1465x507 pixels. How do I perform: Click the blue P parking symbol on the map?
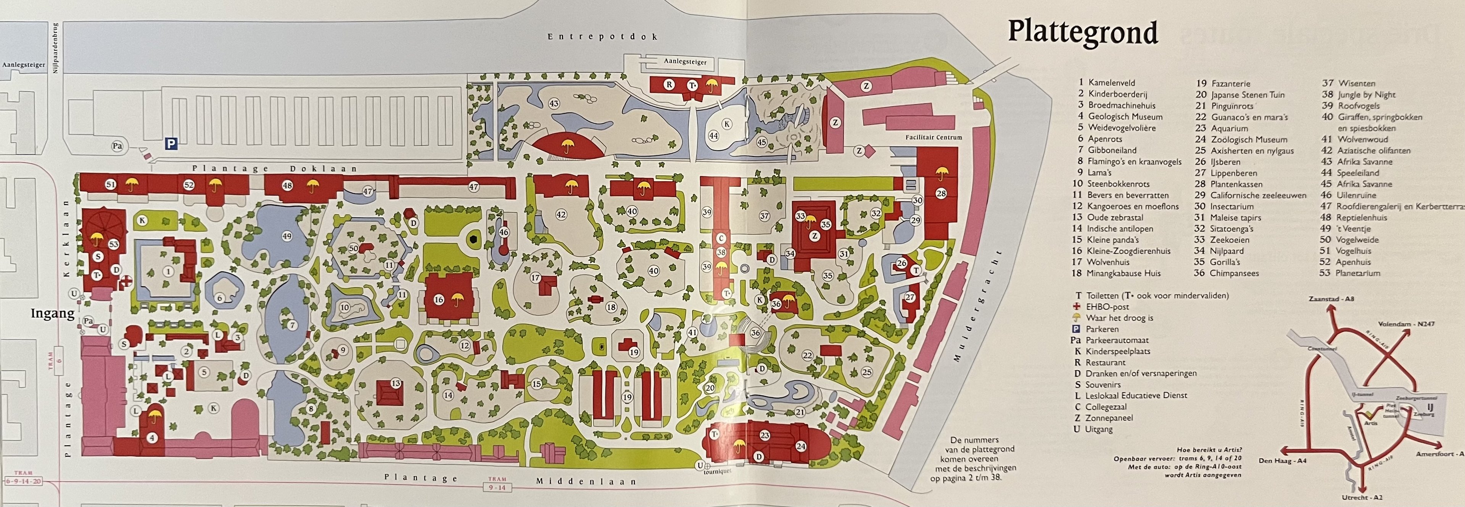coord(171,145)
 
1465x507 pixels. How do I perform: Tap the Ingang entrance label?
coord(52,313)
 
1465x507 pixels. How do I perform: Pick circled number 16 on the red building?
coord(438,299)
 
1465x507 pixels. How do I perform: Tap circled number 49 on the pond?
coord(287,237)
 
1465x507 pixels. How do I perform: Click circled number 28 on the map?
coord(941,194)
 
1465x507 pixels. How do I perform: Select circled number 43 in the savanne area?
coord(553,103)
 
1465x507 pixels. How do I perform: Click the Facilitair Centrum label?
coord(934,137)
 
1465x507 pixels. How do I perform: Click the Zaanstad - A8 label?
coord(1331,299)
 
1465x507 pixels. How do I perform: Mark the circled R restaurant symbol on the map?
coord(670,85)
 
